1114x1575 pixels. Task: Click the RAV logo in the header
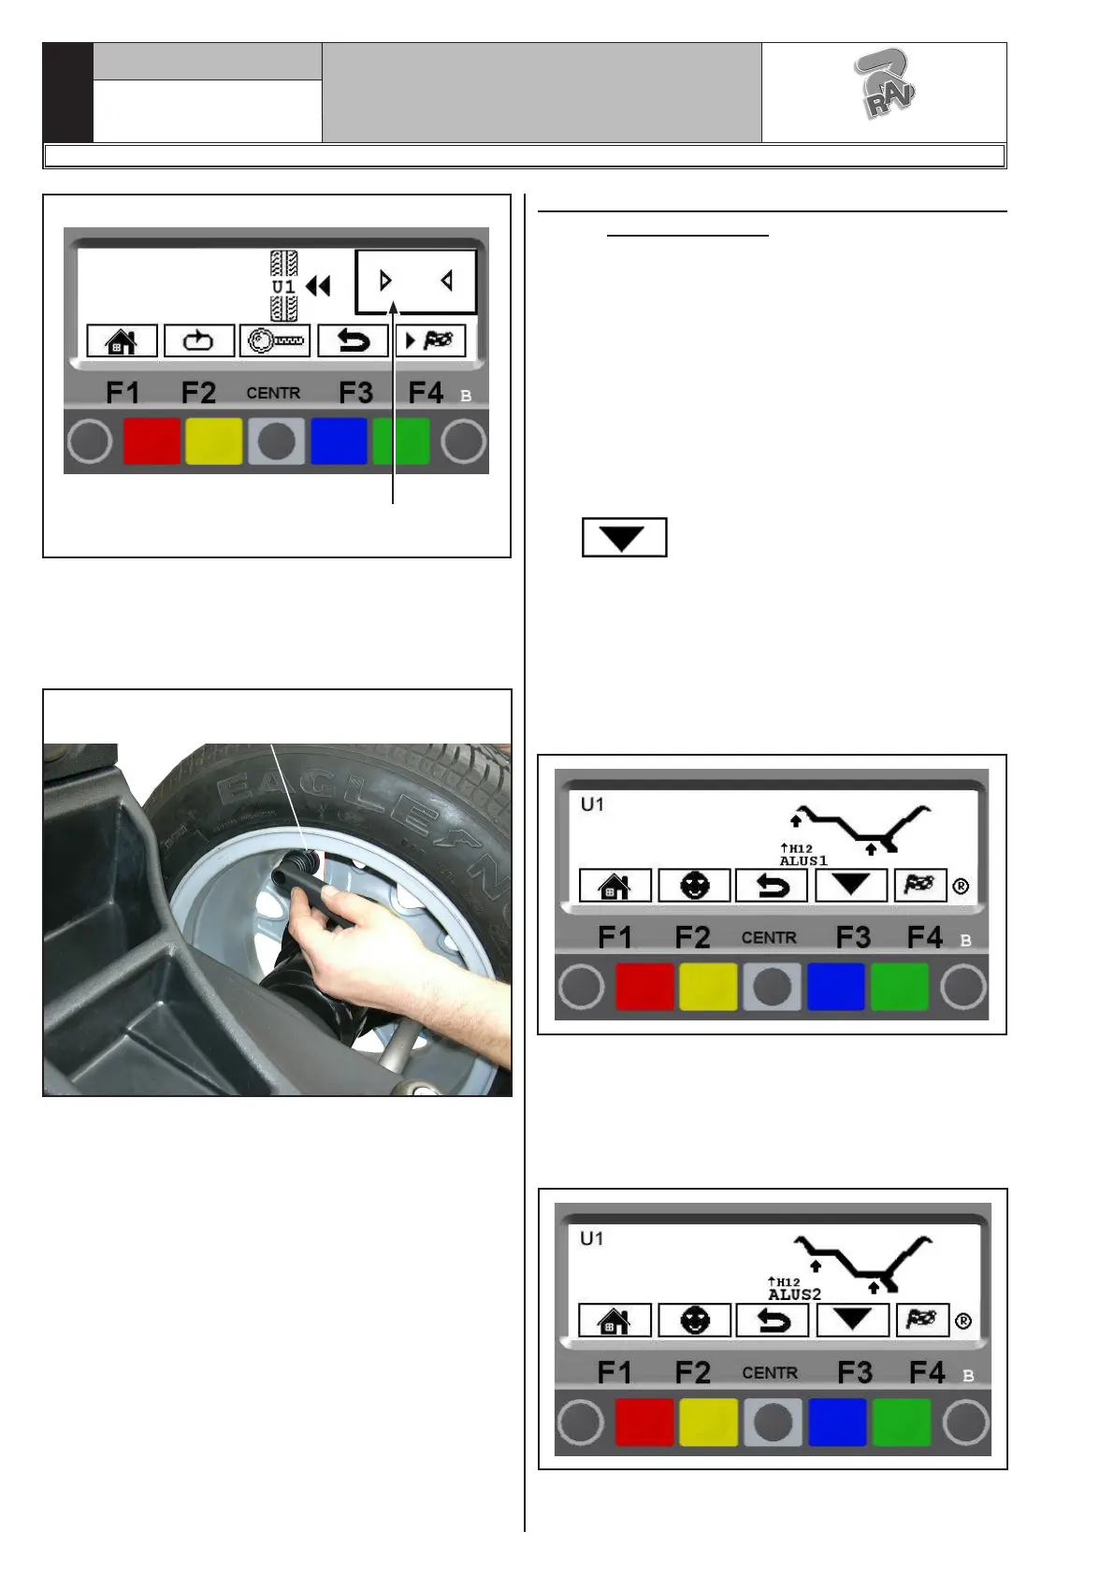coord(886,83)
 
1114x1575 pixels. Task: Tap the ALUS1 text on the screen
coord(803,860)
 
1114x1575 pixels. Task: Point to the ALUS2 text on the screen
coord(794,1294)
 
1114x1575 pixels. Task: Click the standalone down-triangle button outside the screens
coord(624,538)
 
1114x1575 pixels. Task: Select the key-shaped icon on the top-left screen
coord(275,341)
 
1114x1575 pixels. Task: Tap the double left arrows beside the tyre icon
coord(319,286)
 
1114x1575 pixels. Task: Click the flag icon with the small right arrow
coord(430,341)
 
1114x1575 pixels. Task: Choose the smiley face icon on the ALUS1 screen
coord(694,885)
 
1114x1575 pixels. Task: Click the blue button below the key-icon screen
coord(339,441)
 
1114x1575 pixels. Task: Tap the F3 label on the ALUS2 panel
coord(855,1372)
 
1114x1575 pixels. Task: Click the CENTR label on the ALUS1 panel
coord(769,938)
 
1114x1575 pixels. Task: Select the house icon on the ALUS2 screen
coord(614,1320)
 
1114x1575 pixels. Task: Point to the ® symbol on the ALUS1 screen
coord(961,886)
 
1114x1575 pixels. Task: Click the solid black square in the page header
coord(68,93)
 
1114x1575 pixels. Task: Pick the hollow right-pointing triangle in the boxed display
coord(385,282)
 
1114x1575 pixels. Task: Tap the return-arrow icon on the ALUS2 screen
coord(772,1320)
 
